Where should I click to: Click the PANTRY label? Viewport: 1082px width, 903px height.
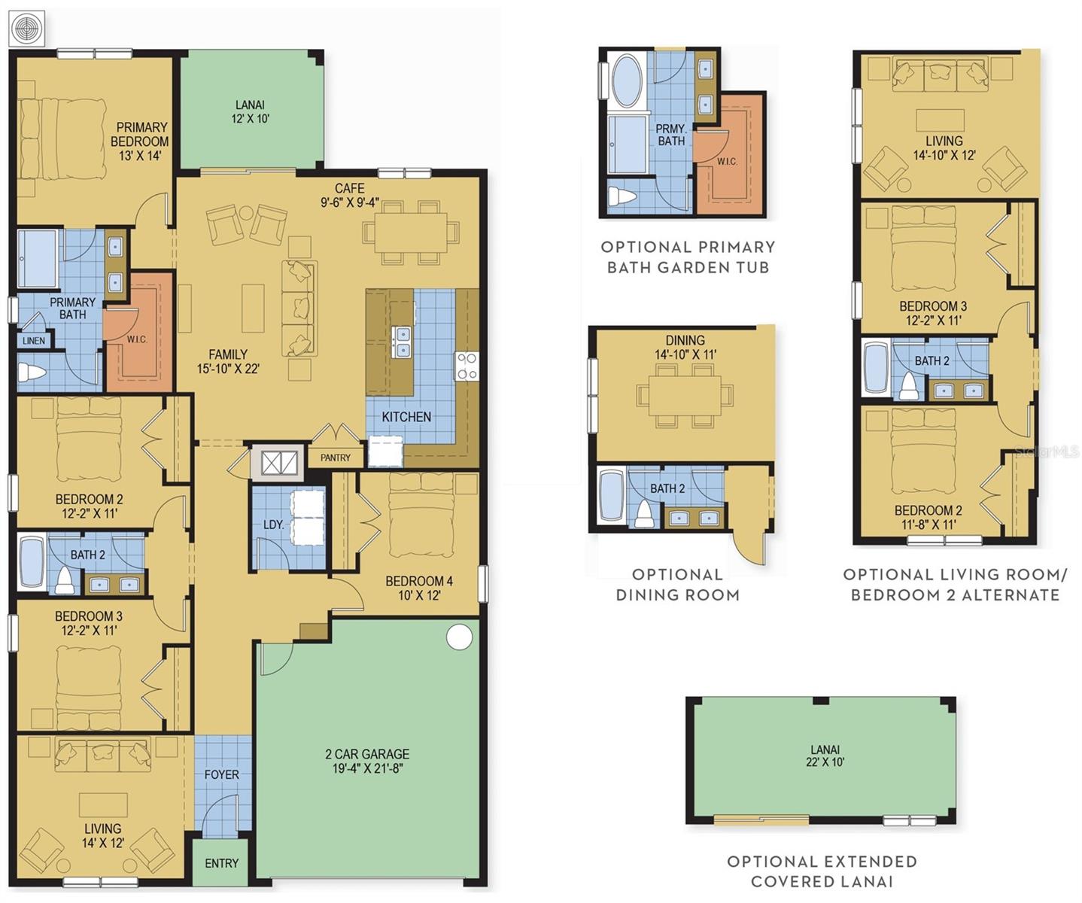click(x=335, y=458)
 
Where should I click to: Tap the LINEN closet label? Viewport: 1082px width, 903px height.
click(x=34, y=341)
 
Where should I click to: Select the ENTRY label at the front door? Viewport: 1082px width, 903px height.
click(x=221, y=863)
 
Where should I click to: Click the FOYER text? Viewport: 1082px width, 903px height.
click(x=221, y=774)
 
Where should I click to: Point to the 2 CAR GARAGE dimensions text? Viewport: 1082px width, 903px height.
click(x=367, y=768)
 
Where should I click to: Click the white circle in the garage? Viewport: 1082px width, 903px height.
click(x=459, y=637)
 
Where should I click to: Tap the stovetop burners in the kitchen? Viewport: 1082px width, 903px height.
click(x=467, y=366)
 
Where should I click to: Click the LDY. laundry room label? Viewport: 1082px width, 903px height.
click(x=273, y=524)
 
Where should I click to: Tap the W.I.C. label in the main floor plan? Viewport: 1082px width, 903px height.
click(x=137, y=339)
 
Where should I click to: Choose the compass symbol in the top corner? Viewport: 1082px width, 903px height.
click(x=28, y=29)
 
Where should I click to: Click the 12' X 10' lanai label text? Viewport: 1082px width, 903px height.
click(x=250, y=119)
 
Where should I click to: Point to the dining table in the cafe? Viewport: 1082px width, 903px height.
click(x=410, y=231)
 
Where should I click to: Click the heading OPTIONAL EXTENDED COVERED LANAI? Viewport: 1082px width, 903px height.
click(x=822, y=871)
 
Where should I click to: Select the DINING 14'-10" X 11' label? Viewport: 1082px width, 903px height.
click(x=685, y=347)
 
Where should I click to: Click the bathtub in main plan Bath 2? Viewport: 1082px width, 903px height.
click(x=32, y=561)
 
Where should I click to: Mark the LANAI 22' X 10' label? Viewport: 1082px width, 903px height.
click(x=825, y=756)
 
